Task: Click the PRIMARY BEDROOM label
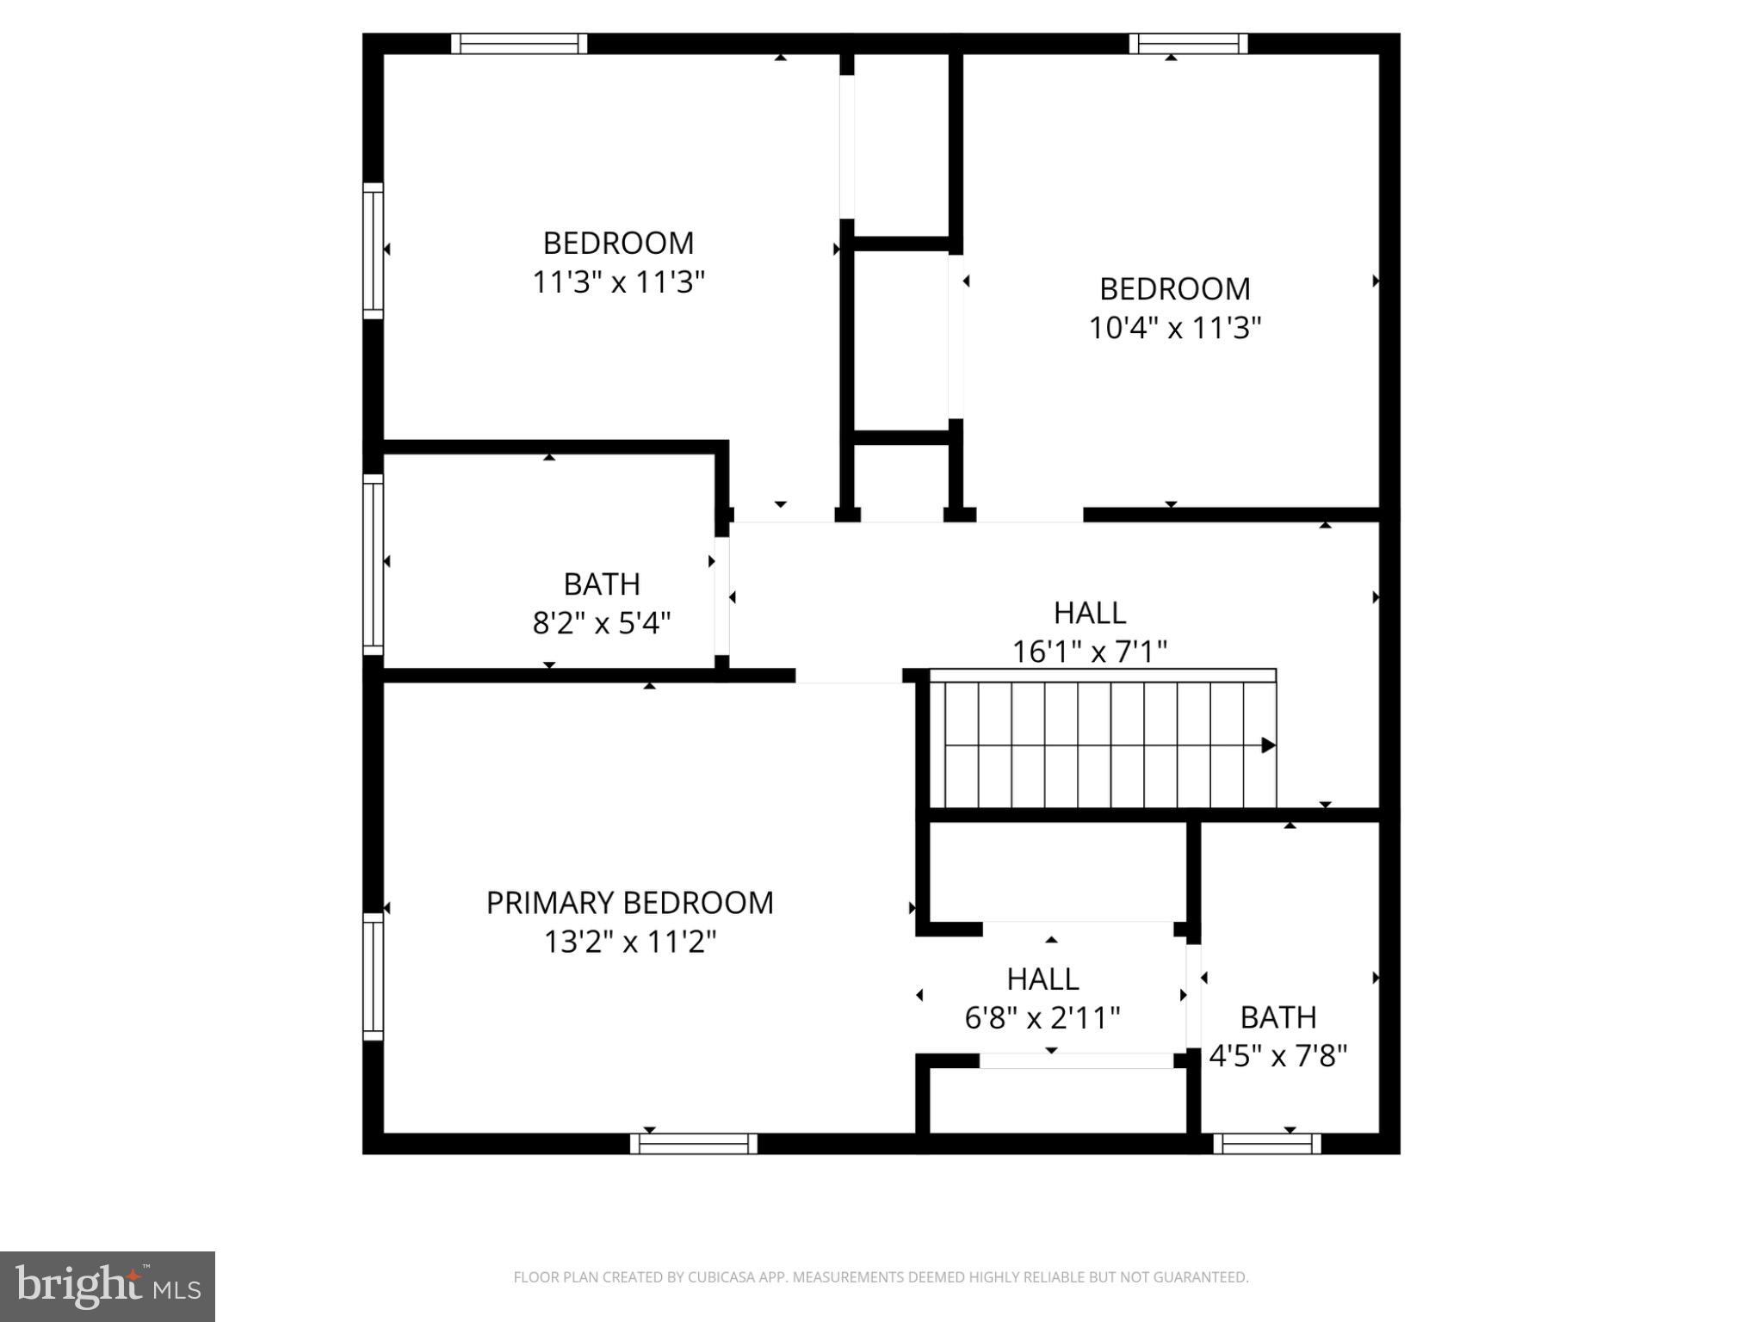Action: tap(629, 903)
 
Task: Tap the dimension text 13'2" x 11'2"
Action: tap(629, 942)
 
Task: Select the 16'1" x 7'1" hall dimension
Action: tap(1089, 652)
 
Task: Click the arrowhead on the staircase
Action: tap(1268, 745)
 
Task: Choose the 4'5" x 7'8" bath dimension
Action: tap(1277, 1056)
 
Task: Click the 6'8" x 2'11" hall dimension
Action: tap(1042, 1019)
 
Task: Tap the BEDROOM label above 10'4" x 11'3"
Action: tap(1174, 289)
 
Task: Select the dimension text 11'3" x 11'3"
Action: tap(618, 282)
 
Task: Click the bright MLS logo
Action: tap(108, 1287)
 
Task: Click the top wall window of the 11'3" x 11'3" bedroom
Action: tap(519, 44)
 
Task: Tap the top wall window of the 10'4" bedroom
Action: tap(1188, 44)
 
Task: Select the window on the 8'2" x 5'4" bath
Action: tap(373, 564)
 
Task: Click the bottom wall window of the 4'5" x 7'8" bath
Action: tap(1266, 1144)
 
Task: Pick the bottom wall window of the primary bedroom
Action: tap(693, 1144)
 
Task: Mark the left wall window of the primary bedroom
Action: tap(373, 977)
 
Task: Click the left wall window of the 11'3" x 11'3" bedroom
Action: tap(373, 250)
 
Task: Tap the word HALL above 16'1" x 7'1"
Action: tap(1089, 614)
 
